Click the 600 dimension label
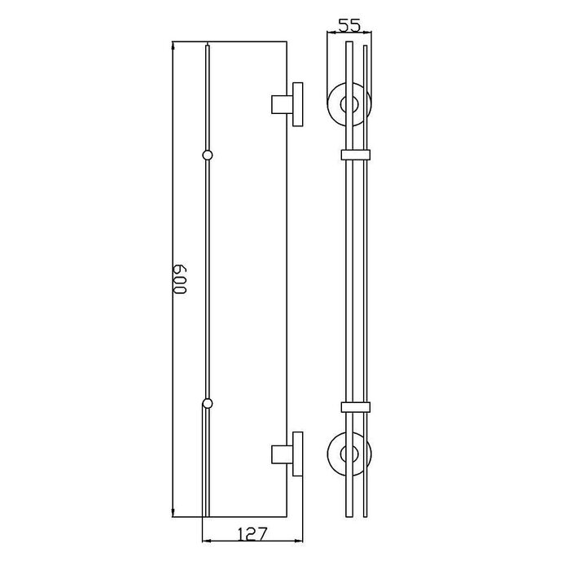pos(180,279)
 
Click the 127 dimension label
pos(252,533)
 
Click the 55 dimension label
pos(349,25)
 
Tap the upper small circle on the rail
pos(207,156)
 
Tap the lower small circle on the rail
pos(207,404)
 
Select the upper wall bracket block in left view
pos(282,105)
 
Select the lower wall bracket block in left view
pos(282,454)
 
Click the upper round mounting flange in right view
pos(328,105)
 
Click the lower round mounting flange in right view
pos(328,454)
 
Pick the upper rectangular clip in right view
pos(356,155)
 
